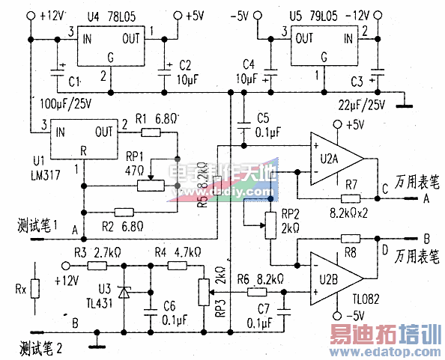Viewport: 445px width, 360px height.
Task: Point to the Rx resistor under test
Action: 34,287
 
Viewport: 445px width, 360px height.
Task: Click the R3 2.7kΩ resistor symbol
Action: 98,265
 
